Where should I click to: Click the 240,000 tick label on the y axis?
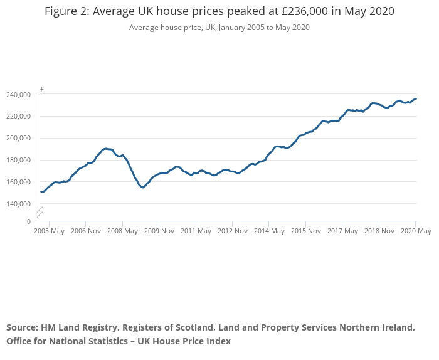(18, 95)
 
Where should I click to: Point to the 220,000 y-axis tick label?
(18, 117)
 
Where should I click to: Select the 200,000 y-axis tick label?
(18, 138)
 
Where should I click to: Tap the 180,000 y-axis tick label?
(18, 160)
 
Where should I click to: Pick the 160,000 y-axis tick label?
(18, 182)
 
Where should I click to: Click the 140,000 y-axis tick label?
(18, 204)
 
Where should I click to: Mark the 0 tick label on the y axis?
(28, 221)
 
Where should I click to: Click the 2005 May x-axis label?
(49, 231)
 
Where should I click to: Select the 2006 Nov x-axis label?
(86, 231)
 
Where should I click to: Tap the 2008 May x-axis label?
(122, 231)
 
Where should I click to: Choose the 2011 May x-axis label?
(196, 231)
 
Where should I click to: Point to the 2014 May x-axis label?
(269, 231)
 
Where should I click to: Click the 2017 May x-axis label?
(342, 231)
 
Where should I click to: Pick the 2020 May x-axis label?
(416, 231)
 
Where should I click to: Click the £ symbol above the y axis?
(42, 89)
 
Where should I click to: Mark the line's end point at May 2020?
(416, 98)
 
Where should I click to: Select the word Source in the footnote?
(22, 327)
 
